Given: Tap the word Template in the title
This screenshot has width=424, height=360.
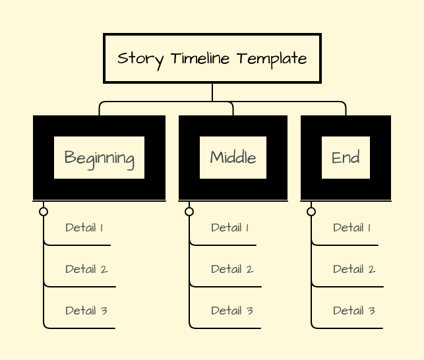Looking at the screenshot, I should pos(272,59).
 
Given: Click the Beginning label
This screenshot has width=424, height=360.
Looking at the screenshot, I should pos(99,158).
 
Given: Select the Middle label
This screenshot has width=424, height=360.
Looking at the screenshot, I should pos(233,158).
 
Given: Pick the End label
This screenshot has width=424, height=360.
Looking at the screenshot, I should pos(346,158).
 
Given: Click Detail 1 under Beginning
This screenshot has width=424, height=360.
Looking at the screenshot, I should pos(84,228).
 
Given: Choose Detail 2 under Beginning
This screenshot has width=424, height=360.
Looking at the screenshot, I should pos(86,269).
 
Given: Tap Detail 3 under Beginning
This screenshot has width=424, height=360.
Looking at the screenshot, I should pos(86,311).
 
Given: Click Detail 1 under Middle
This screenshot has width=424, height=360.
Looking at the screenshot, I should pos(229,228).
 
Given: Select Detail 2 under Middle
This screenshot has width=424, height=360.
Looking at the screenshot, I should pos(231,269).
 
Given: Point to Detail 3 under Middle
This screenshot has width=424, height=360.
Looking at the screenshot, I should pos(231,311).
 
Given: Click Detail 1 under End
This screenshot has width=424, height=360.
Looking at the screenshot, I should pos(351,228).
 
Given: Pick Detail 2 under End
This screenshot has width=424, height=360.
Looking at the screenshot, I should pos(353,269).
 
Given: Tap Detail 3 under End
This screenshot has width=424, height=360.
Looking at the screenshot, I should pos(353,311).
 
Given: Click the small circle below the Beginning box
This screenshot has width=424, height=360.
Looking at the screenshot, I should pos(44,212).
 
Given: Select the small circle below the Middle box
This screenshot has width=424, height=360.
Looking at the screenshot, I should pos(189,212).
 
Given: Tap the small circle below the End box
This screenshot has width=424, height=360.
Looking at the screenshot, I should pos(311,212).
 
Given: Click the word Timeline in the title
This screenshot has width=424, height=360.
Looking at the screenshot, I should pos(200,59).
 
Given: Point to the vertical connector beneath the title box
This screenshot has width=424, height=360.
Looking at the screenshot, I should pos(212,92).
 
